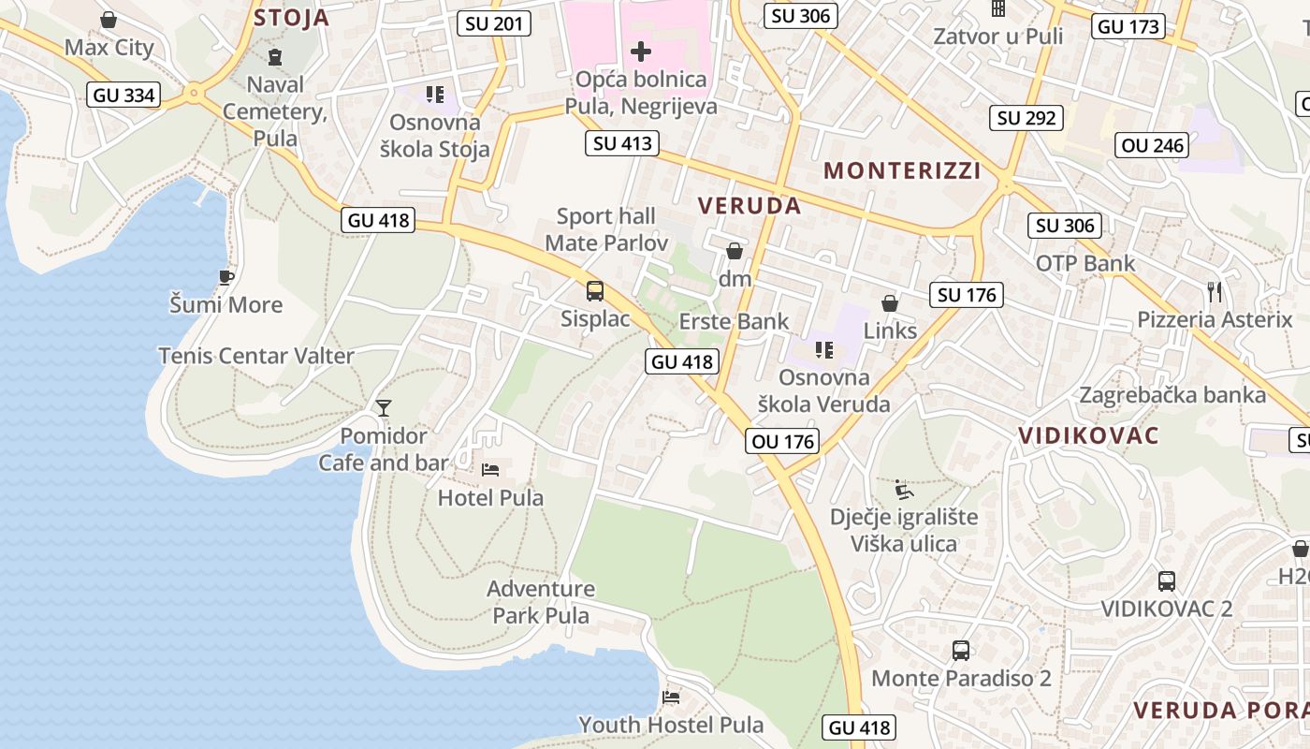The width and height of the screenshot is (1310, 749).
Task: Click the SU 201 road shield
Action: pos(494,23)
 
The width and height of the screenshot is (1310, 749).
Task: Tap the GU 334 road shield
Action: pos(124,95)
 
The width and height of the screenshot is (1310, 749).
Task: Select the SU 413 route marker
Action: pos(622,143)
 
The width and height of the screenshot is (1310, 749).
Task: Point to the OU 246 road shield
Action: pos(1153,145)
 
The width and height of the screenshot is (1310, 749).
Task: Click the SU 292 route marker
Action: pos(1026,118)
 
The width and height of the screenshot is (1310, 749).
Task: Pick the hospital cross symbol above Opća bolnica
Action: pos(641,51)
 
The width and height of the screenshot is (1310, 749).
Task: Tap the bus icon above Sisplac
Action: pos(595,291)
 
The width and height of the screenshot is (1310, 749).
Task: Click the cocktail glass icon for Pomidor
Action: pos(383,407)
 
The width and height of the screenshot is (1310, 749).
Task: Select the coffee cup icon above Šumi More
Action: pos(226,276)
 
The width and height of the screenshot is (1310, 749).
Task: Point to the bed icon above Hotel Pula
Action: pos(490,469)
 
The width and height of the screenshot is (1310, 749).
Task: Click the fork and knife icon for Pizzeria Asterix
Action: pos(1215,291)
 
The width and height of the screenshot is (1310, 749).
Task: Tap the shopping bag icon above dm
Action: pos(735,251)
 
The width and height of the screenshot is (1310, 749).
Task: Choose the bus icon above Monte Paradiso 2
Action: pos(961,650)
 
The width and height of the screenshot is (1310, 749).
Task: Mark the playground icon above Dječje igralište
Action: pos(904,490)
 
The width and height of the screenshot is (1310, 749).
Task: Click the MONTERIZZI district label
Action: pos(902,170)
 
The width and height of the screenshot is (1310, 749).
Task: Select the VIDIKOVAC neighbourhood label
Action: pos(1088,435)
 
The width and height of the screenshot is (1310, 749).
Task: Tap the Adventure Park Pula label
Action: pos(541,602)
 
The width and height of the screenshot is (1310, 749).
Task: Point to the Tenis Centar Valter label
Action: pos(256,356)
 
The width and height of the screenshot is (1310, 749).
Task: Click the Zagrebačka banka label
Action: pos(1172,394)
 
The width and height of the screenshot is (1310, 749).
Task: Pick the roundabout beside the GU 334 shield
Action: pos(194,93)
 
